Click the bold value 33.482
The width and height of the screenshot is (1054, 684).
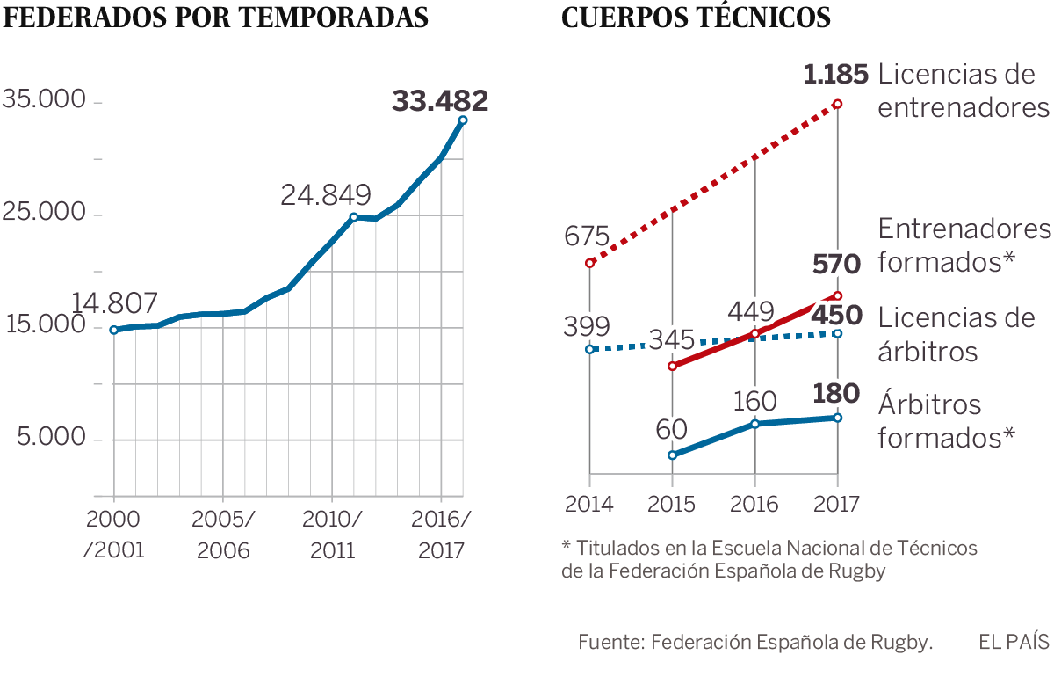pyautogui.click(x=440, y=101)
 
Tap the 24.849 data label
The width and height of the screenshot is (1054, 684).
pyautogui.click(x=326, y=195)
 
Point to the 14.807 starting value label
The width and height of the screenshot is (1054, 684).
pyautogui.click(x=114, y=304)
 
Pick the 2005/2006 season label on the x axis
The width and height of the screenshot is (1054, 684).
pyautogui.click(x=223, y=535)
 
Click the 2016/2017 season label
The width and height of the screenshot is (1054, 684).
pyautogui.click(x=440, y=535)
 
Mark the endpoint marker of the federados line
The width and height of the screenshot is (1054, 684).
pyautogui.click(x=463, y=120)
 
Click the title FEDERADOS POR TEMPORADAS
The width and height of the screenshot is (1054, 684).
pyautogui.click(x=217, y=18)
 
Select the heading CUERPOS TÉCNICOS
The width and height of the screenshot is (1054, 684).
pyautogui.click(x=696, y=18)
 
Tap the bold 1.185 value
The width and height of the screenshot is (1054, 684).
pyautogui.click(x=836, y=75)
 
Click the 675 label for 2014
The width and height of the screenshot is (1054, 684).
pyautogui.click(x=587, y=236)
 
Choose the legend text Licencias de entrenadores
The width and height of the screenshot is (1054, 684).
pyautogui.click(x=964, y=91)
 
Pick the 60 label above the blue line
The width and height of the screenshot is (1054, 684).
pyautogui.click(x=673, y=429)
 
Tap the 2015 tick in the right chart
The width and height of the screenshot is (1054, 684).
pyautogui.click(x=672, y=504)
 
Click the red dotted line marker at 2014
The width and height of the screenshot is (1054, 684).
pyautogui.click(x=590, y=262)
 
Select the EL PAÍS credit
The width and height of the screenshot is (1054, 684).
pyautogui.click(x=1014, y=642)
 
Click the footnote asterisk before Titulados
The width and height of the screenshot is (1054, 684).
pyautogui.click(x=567, y=546)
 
